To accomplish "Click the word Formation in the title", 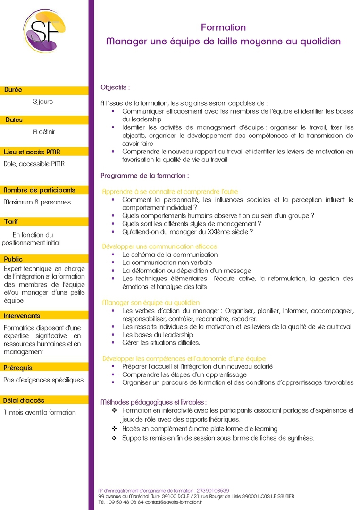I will click(223, 28).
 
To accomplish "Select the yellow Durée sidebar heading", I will click(13, 90).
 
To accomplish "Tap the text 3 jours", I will click(43, 102).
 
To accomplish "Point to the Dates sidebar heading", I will click(14, 120).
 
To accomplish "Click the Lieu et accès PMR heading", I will click(32, 152).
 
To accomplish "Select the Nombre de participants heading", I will click(39, 190).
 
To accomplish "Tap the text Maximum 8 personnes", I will click(38, 202).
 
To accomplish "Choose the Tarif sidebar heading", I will click(11, 221).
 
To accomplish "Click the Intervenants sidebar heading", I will click(22, 316).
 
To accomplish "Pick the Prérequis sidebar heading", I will click(18, 368).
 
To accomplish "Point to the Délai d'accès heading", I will click(24, 400).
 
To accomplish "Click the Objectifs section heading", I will click(115, 87).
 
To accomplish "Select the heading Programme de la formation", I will click(145, 176).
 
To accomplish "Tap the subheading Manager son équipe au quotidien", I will click(151, 302).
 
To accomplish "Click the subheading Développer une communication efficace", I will click(159, 246).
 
